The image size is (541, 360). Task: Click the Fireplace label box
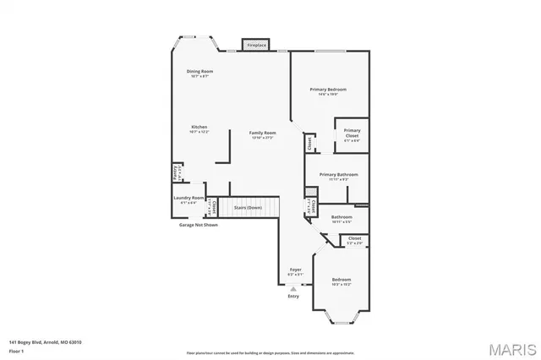click(x=255, y=45)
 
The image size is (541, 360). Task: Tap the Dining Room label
click(x=199, y=72)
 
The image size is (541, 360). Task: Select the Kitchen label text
click(x=199, y=128)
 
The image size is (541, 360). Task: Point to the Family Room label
click(x=262, y=134)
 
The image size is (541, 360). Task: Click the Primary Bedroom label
click(x=328, y=90)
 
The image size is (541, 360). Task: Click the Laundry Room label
click(x=189, y=199)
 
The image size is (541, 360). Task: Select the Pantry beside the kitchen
click(x=176, y=172)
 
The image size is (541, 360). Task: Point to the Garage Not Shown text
click(x=198, y=225)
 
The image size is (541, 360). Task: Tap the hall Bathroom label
click(x=342, y=217)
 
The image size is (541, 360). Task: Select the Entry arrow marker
click(x=293, y=288)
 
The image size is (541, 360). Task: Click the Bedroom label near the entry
click(x=341, y=280)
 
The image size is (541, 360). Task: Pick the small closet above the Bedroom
click(x=354, y=240)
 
